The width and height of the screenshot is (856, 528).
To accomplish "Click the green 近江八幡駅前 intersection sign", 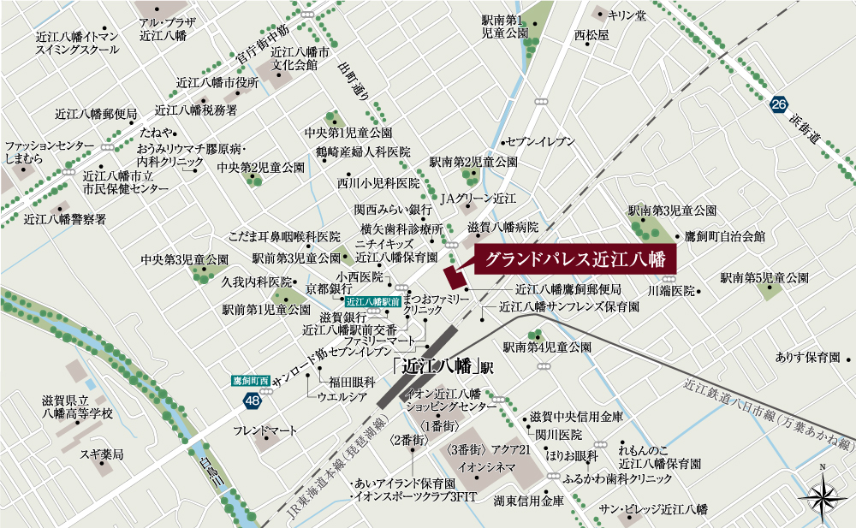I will [x=373, y=301].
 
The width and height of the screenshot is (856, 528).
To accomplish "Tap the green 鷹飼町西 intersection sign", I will [x=251, y=380].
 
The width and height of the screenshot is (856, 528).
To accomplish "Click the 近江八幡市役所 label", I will [x=217, y=83].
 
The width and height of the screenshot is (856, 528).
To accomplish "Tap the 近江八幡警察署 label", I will [x=65, y=219].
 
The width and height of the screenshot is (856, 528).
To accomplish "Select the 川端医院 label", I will [x=671, y=291].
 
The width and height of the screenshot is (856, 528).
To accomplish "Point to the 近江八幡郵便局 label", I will [x=96, y=114].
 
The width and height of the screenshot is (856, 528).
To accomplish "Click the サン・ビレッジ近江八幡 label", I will [x=653, y=509].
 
